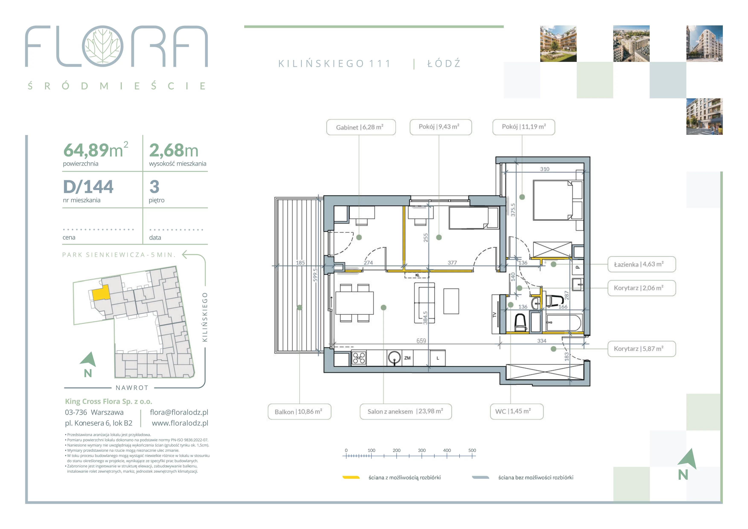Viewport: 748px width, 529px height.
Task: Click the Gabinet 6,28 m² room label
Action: pyautogui.click(x=361, y=127)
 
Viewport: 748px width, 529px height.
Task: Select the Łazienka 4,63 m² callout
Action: pyautogui.click(x=642, y=264)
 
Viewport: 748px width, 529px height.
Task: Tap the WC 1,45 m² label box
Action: pyautogui.click(x=517, y=411)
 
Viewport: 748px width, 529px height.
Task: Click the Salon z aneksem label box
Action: pyautogui.click(x=406, y=411)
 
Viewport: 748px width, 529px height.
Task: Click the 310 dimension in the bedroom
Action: pyautogui.click(x=545, y=169)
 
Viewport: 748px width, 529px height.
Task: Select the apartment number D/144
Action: pyautogui.click(x=88, y=187)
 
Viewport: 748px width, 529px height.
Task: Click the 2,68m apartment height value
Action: pyautogui.click(x=174, y=151)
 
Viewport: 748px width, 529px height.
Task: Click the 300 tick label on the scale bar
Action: pyautogui.click(x=422, y=450)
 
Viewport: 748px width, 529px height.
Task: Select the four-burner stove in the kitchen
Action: pyautogui.click(x=359, y=358)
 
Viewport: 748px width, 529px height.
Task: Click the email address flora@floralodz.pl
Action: pyautogui.click(x=179, y=412)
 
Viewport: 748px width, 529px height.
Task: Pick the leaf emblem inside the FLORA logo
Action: pyautogui.click(x=103, y=46)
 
